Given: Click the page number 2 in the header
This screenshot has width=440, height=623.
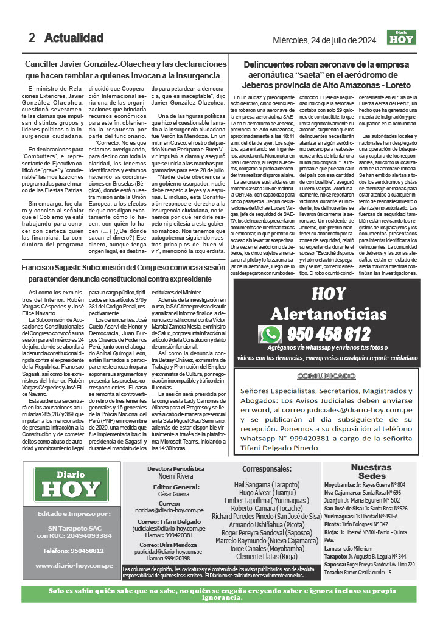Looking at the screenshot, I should coord(32,38).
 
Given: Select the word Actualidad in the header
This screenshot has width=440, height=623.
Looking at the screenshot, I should coord(74,38).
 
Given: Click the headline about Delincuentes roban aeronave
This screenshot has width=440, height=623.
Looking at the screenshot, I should coord(327,74).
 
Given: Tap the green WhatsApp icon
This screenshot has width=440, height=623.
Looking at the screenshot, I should coord(270,334).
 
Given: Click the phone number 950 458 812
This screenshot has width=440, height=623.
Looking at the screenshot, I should coord(328,334).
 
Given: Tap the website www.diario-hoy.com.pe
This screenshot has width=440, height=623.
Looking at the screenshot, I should coord(74,565).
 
